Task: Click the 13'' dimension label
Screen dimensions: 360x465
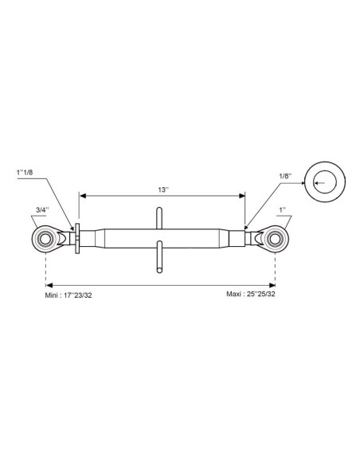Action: click(x=162, y=190)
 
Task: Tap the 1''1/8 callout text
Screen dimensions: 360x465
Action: click(x=25, y=172)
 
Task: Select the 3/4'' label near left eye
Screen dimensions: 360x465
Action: click(x=42, y=210)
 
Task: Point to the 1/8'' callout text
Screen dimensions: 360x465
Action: click(x=285, y=176)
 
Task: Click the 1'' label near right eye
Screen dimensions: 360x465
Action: click(x=282, y=210)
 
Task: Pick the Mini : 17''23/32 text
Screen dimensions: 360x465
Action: click(x=68, y=295)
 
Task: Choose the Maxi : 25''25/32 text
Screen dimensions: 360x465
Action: click(x=251, y=294)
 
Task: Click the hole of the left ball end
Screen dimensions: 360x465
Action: click(x=45, y=239)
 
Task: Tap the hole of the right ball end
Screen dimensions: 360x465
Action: click(x=275, y=239)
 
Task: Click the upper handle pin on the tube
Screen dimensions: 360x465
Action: click(x=159, y=218)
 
